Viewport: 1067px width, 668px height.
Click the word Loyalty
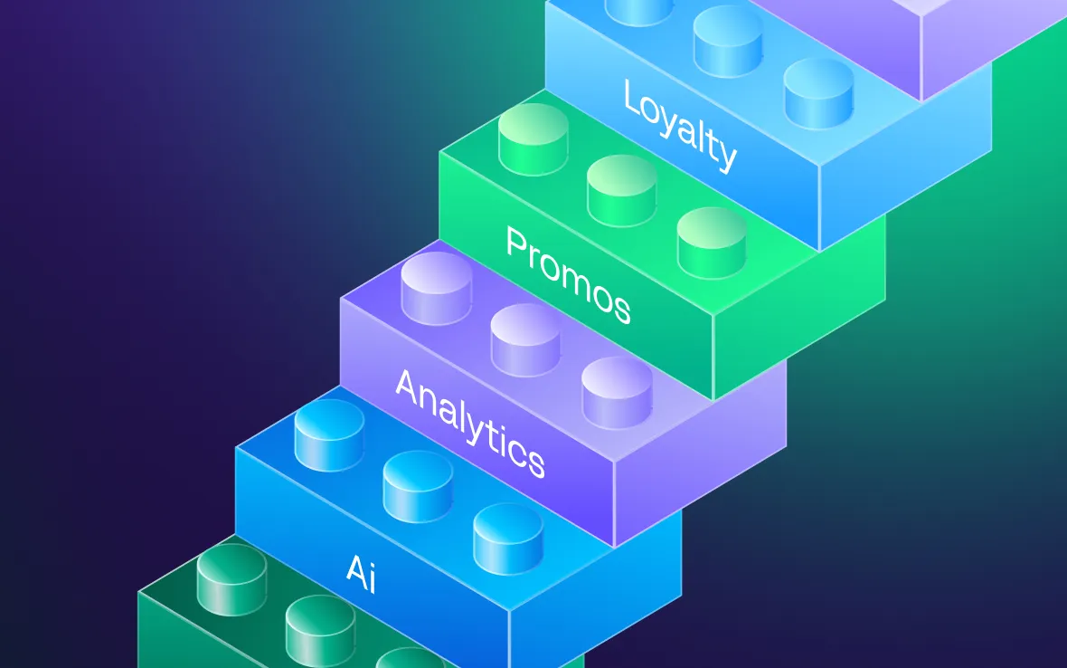click(680, 125)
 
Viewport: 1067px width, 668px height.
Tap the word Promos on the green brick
click(569, 274)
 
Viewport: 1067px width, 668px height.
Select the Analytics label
click(470, 423)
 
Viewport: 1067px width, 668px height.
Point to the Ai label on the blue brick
click(362, 573)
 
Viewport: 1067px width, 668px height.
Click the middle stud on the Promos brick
click(622, 191)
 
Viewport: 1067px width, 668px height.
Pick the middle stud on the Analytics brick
click(525, 339)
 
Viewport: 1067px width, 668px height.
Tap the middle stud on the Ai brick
click(418, 486)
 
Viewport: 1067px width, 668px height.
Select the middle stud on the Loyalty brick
click(728, 41)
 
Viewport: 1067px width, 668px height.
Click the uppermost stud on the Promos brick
click(533, 138)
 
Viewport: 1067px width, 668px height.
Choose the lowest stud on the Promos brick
click(712, 243)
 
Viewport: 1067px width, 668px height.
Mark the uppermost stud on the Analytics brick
click(436, 288)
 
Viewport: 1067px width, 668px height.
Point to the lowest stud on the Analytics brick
click(617, 392)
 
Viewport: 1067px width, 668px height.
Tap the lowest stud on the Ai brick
click(508, 539)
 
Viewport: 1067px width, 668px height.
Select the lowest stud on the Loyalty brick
click(818, 93)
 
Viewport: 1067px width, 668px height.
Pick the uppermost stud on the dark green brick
click(232, 579)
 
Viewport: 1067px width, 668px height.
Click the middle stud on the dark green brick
click(320, 631)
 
